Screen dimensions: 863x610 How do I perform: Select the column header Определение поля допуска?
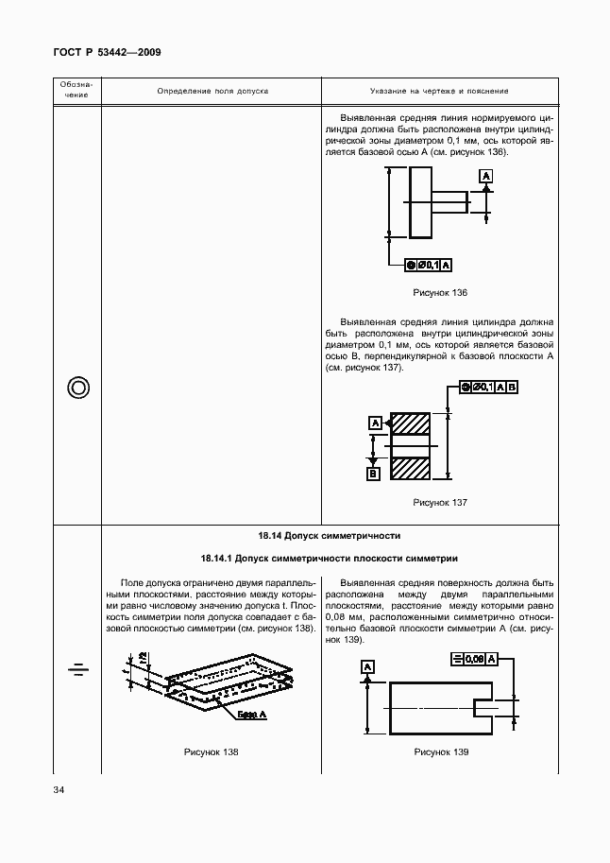212,91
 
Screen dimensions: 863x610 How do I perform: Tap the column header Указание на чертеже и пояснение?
439,91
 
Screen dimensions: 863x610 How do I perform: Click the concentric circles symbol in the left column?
78,388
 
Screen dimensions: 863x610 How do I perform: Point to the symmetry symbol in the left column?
78,670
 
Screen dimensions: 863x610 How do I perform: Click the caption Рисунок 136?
440,293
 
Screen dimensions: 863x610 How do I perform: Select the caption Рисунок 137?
440,503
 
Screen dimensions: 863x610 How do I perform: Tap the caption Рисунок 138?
211,752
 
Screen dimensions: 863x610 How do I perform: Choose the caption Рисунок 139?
440,752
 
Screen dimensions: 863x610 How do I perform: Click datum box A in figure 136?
485,177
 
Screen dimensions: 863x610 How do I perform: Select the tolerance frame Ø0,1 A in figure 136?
428,264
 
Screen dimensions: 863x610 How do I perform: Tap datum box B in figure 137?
374,473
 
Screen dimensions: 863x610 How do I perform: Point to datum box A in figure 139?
367,667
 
